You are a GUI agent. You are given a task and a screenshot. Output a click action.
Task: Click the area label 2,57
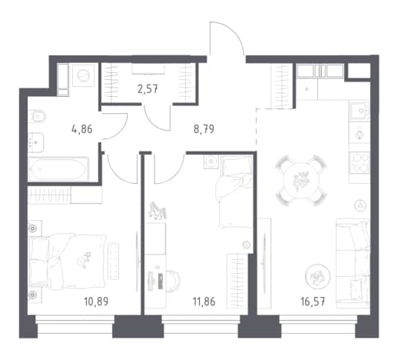(148, 89)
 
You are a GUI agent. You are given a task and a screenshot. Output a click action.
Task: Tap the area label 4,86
(82, 129)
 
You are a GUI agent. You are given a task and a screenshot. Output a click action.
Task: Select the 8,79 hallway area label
(204, 129)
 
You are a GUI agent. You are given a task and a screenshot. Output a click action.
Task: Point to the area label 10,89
(96, 302)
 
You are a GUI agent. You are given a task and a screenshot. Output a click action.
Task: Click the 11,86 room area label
(204, 302)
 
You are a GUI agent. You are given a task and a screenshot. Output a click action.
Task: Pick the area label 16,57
(313, 302)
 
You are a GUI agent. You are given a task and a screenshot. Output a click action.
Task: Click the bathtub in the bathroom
(58, 168)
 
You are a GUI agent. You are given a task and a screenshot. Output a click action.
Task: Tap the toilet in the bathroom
(37, 117)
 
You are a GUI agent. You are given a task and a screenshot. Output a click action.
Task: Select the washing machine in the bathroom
(84, 75)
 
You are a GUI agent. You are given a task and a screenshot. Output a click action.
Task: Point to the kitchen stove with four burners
(360, 162)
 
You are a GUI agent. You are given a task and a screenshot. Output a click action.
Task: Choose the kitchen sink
(360, 111)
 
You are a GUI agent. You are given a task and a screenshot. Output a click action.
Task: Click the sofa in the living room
(353, 263)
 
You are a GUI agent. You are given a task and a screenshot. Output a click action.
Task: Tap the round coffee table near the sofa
(317, 276)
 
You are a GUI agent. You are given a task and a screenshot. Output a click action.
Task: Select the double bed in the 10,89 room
(68, 262)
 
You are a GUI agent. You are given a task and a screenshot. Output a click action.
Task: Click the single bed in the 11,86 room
(236, 192)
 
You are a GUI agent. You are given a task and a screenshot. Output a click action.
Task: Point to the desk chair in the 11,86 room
(174, 280)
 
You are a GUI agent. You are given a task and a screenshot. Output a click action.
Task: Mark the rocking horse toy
(158, 211)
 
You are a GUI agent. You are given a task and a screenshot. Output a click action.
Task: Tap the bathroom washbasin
(36, 142)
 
